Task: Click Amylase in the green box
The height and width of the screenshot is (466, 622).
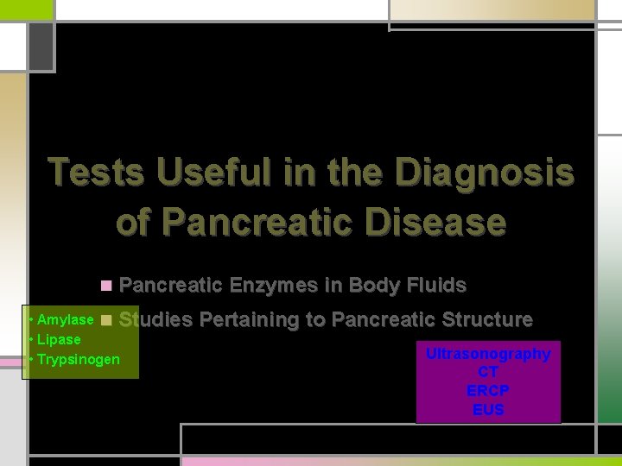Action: point(65,320)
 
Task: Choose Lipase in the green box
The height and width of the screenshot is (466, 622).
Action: point(59,339)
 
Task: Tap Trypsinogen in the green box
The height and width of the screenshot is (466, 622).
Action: point(79,359)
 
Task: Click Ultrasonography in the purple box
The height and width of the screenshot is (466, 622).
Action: point(488,354)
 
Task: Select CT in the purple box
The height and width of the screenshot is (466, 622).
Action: point(488,372)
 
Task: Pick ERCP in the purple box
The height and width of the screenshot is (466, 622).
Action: point(488,391)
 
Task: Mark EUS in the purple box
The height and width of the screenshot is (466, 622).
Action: point(488,410)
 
